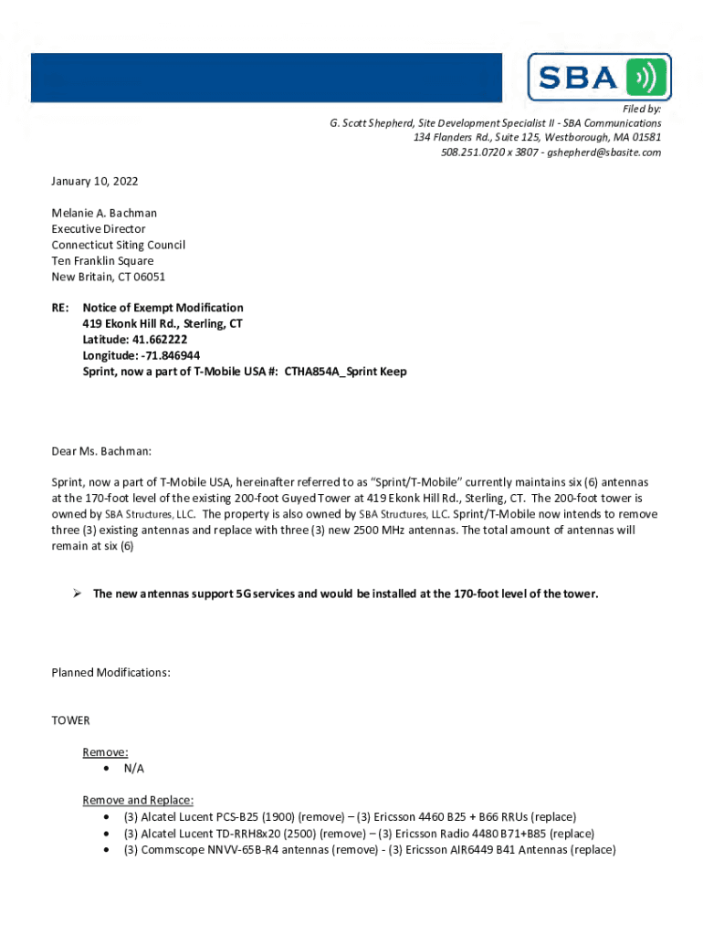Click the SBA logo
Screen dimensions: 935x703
click(599, 77)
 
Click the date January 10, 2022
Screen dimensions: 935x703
click(95, 182)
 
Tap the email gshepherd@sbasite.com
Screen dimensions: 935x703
click(607, 152)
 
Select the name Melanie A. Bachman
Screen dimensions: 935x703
click(104, 214)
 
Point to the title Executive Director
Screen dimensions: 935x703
click(99, 229)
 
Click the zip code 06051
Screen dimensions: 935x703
click(150, 277)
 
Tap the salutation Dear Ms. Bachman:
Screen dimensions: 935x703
click(102, 451)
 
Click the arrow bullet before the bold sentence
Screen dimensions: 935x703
click(78, 594)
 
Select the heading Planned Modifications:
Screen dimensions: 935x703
click(111, 673)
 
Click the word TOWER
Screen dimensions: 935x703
click(71, 720)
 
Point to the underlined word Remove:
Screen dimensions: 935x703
click(105, 752)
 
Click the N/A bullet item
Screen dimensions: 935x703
click(134, 769)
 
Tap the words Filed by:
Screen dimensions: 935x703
click(642, 109)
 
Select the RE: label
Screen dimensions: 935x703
click(60, 308)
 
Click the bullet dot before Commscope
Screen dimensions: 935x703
click(109, 850)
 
